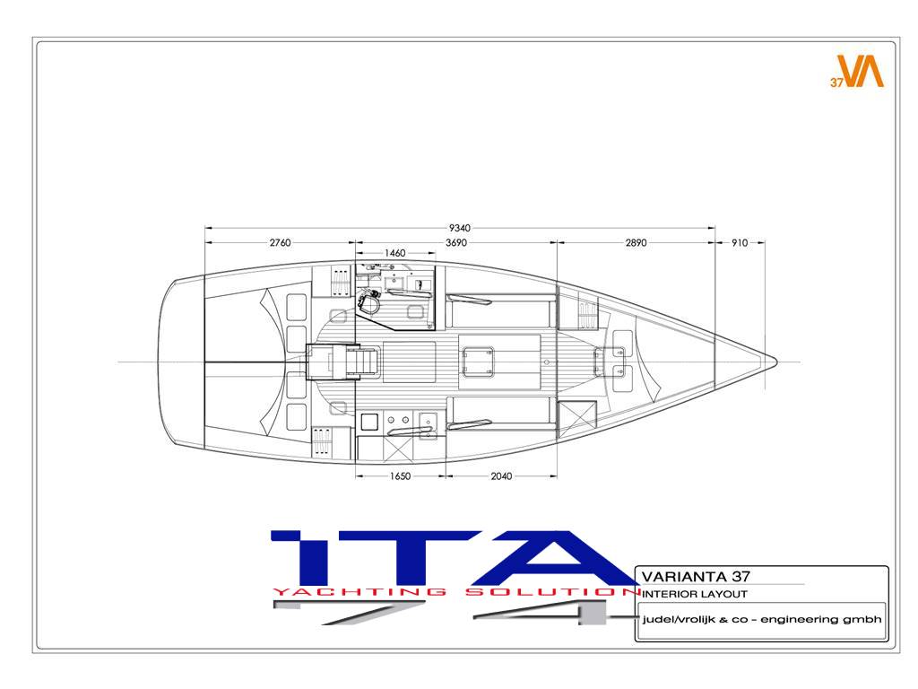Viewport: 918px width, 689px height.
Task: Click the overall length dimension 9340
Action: pos(460,228)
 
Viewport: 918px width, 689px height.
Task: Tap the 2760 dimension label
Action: pos(280,242)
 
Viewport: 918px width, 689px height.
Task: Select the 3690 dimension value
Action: pos(456,242)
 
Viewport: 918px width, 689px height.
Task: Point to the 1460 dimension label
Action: pos(394,253)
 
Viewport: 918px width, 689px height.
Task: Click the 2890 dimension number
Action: pos(636,242)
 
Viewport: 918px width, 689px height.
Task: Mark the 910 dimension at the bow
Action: pos(740,242)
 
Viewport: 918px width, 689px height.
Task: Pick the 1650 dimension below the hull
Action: pos(401,476)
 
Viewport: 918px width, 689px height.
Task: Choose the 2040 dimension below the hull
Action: pos(501,476)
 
